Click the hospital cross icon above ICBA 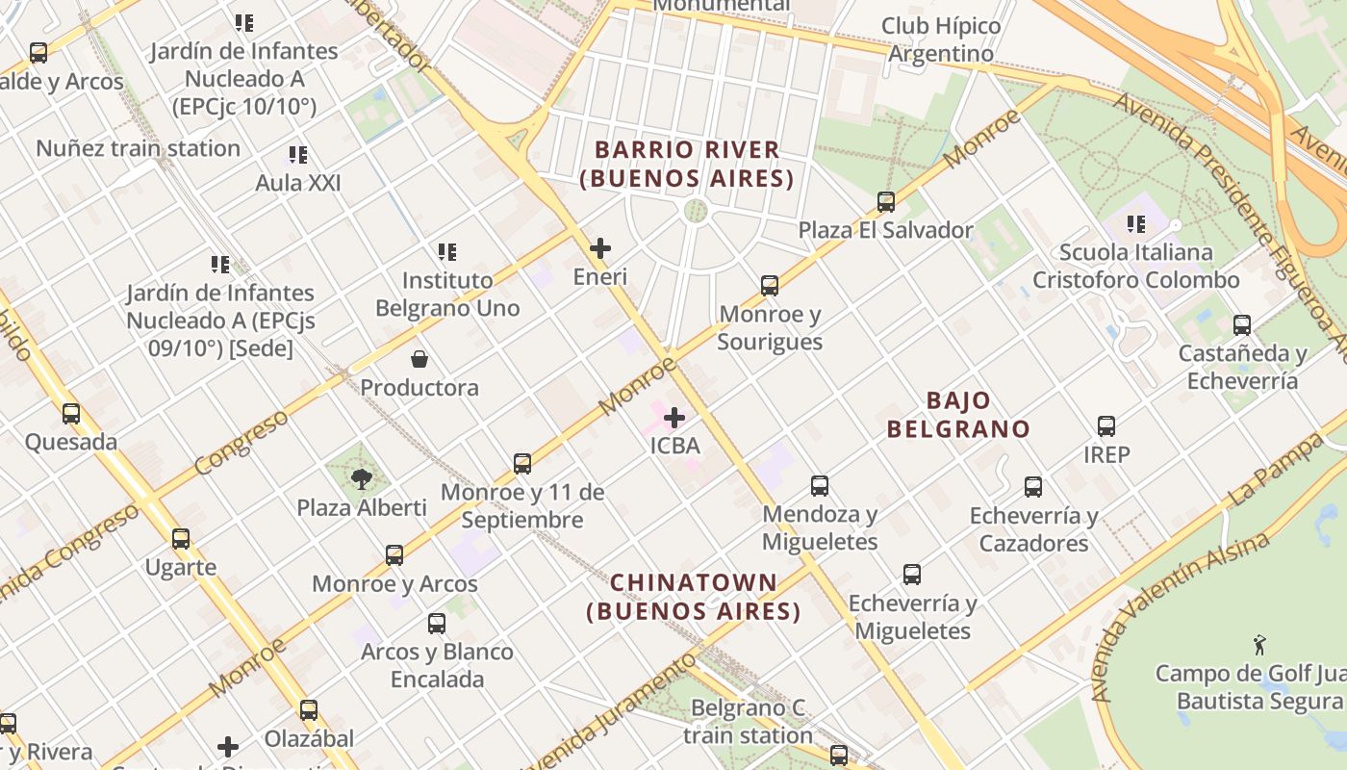pyautogui.click(x=674, y=418)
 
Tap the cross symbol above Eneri pyautogui.click(x=600, y=248)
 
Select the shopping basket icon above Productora pyautogui.click(x=419, y=359)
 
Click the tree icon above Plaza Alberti pyautogui.click(x=362, y=478)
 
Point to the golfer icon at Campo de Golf pyautogui.click(x=1259, y=645)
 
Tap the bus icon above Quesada pyautogui.click(x=71, y=414)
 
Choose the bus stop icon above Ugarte pyautogui.click(x=181, y=539)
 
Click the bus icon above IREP pyautogui.click(x=1106, y=425)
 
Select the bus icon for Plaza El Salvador pyautogui.click(x=886, y=202)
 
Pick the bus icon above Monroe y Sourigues pyautogui.click(x=770, y=286)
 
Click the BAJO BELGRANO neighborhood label pyautogui.click(x=958, y=415)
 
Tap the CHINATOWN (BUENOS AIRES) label pyautogui.click(x=694, y=597)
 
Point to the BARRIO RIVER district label pyautogui.click(x=687, y=164)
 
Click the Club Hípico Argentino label pyautogui.click(x=941, y=39)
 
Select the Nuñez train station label pyautogui.click(x=138, y=148)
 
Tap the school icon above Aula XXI pyautogui.click(x=298, y=154)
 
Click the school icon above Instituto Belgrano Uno pyautogui.click(x=447, y=252)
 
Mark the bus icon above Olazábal pyautogui.click(x=309, y=710)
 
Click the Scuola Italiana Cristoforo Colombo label pyautogui.click(x=1136, y=267)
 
